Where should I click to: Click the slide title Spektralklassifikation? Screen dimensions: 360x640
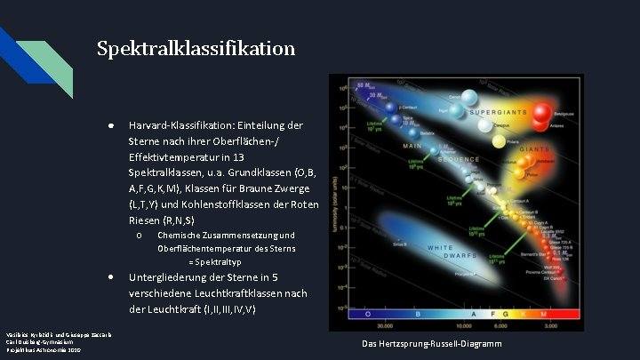196,48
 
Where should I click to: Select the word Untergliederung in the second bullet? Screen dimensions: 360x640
170,277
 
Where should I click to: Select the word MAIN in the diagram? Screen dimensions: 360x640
412,146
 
